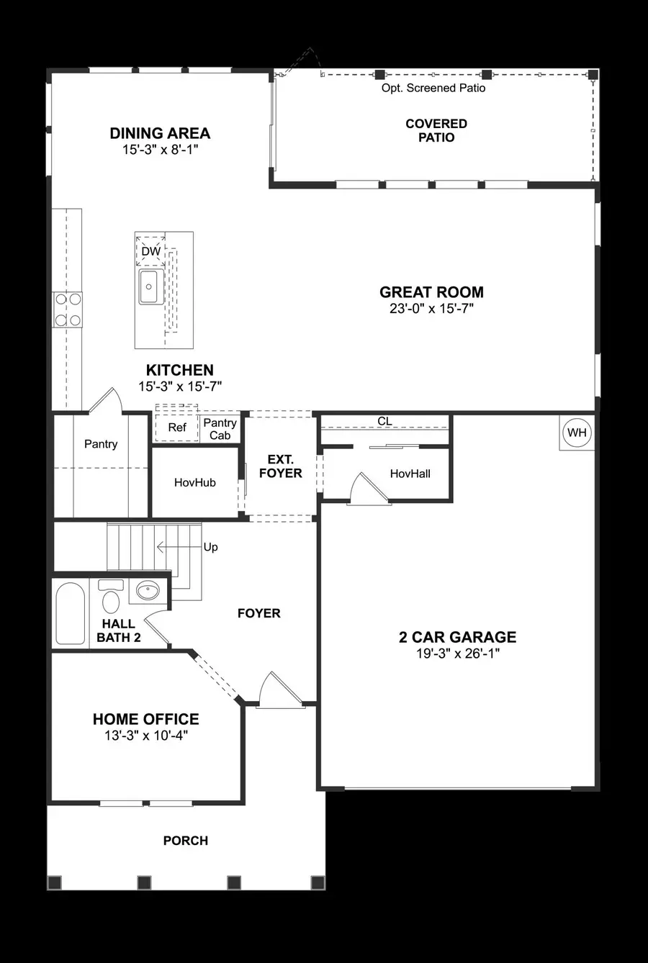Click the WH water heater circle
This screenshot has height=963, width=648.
pyautogui.click(x=577, y=433)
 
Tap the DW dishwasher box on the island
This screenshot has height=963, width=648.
pyautogui.click(x=150, y=251)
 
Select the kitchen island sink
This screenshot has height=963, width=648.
pyautogui.click(x=150, y=287)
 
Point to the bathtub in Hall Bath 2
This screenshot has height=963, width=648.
pyautogui.click(x=71, y=613)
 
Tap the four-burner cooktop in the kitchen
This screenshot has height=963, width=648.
pyautogui.click(x=67, y=309)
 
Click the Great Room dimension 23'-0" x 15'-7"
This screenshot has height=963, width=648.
pyautogui.click(x=431, y=308)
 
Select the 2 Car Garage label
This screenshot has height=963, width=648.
pyautogui.click(x=457, y=637)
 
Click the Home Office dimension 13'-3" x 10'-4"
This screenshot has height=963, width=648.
pyautogui.click(x=145, y=735)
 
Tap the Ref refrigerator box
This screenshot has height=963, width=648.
pyautogui.click(x=176, y=428)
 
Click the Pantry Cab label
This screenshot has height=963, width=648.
pyautogui.click(x=220, y=429)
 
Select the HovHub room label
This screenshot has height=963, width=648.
pyautogui.click(x=194, y=482)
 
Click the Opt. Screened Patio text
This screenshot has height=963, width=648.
pyautogui.click(x=433, y=88)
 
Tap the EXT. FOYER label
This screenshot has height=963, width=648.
pyautogui.click(x=280, y=466)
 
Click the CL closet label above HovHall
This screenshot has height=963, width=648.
pyautogui.click(x=384, y=421)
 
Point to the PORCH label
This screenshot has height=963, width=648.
pyautogui.click(x=185, y=840)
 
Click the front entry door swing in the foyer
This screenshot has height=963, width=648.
pyautogui.click(x=277, y=690)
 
